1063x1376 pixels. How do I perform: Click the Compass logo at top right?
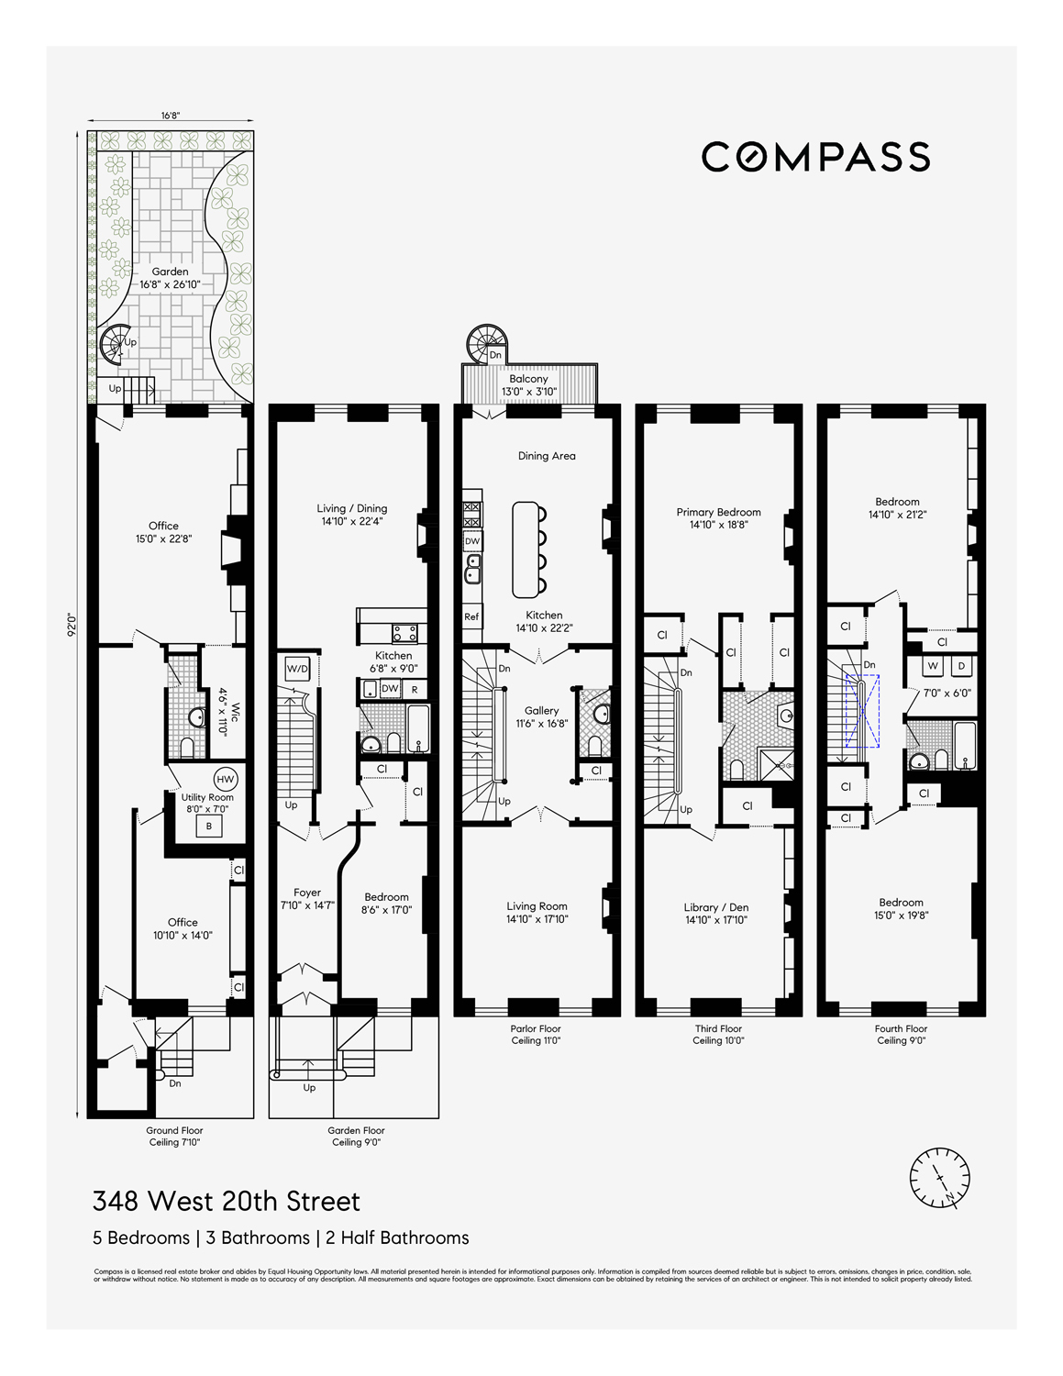[x=815, y=157]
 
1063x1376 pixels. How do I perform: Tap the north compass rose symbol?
[x=939, y=1177]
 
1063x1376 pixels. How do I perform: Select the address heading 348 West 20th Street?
[x=226, y=1201]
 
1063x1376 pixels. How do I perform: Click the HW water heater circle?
[x=226, y=779]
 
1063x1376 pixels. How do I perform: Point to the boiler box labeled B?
[x=209, y=826]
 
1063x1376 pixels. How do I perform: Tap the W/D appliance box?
[x=297, y=669]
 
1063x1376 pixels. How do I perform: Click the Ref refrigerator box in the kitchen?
[x=471, y=616]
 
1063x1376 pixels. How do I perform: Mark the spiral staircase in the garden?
[x=116, y=345]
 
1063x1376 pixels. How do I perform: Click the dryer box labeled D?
[x=961, y=666]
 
